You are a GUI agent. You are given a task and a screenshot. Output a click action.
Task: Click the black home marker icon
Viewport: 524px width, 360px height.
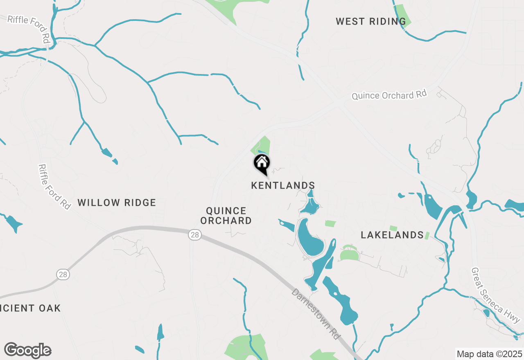click(x=262, y=164)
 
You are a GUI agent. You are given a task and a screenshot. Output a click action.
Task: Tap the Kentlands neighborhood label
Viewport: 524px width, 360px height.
click(x=283, y=186)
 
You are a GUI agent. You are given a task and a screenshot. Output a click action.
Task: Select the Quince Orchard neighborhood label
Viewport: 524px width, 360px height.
click(x=228, y=216)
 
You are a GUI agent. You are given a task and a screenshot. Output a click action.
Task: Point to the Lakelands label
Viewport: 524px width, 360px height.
click(x=392, y=235)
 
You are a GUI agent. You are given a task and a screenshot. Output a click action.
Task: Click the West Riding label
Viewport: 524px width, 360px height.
click(x=370, y=21)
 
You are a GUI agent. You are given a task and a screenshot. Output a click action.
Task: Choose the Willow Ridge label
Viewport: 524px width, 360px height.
click(x=117, y=202)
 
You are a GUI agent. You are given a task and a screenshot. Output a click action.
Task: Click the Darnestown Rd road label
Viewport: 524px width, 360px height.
click(x=316, y=313)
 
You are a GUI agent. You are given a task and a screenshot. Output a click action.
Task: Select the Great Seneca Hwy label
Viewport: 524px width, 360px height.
click(x=495, y=295)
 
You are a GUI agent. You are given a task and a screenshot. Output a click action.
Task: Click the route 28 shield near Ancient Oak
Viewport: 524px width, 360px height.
click(x=63, y=274)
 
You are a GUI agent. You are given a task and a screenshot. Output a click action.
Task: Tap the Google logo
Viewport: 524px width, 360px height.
click(x=27, y=351)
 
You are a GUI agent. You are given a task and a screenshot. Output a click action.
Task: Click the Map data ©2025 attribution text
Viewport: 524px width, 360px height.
click(x=489, y=354)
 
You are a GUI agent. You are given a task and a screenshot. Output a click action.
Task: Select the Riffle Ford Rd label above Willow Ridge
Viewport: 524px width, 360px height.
click(x=54, y=187)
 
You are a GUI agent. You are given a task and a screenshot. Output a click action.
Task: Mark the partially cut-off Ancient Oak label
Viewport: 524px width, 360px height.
click(x=30, y=308)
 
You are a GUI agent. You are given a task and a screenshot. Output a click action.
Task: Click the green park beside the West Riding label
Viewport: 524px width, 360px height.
click(x=403, y=15)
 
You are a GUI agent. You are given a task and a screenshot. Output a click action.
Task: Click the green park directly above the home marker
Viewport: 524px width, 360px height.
click(x=262, y=146)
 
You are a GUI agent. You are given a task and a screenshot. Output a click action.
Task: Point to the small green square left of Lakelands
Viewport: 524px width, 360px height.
click(x=330, y=223)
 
